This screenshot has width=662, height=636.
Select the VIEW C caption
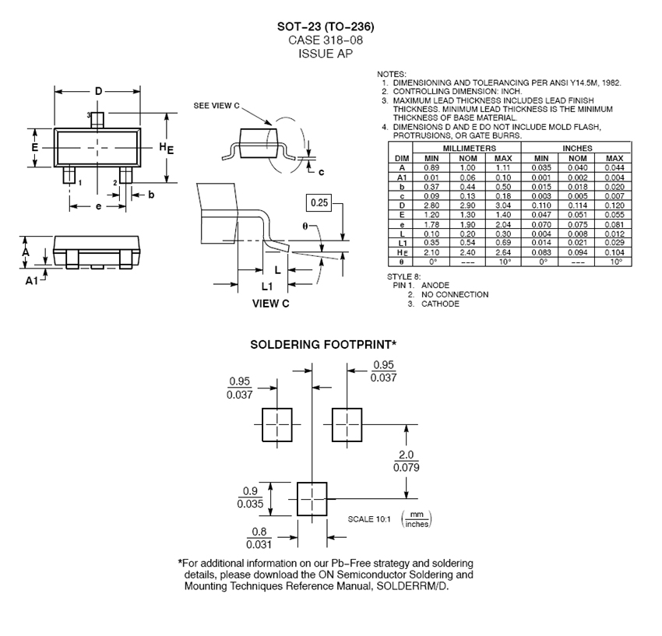click(x=270, y=304)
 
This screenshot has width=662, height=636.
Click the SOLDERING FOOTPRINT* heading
click(x=323, y=344)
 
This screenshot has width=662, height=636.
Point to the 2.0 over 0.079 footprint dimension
click(x=407, y=461)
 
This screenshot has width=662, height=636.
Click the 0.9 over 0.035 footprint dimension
click(x=249, y=497)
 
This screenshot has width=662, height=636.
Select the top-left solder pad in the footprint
click(x=276, y=425)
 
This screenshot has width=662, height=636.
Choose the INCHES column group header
click(x=576, y=148)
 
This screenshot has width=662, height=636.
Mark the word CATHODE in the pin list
click(x=440, y=304)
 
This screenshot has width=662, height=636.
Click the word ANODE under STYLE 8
click(x=436, y=286)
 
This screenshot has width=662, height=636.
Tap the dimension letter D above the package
click(x=98, y=92)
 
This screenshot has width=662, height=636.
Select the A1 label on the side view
click(x=31, y=280)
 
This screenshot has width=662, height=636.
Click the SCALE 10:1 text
click(x=369, y=519)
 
